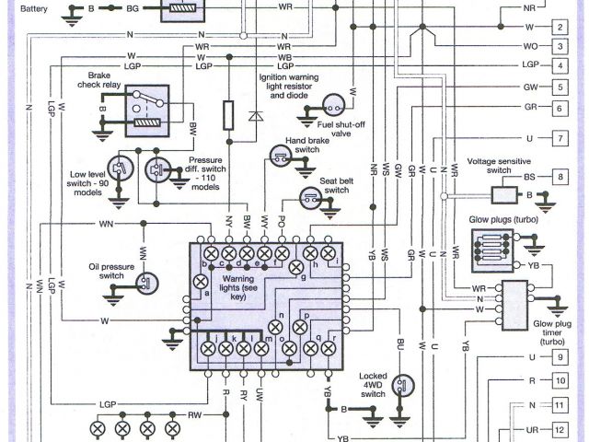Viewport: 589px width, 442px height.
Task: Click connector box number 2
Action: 559,26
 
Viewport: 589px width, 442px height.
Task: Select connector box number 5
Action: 559,87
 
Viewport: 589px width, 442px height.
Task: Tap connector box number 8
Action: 559,176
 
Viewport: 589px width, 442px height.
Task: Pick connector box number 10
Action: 559,379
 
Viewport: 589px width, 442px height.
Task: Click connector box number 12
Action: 559,430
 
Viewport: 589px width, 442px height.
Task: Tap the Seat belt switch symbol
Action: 310,197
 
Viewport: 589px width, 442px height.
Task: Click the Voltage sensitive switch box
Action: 502,194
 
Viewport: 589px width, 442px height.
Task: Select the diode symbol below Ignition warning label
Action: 256,117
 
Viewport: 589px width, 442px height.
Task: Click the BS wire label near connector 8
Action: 529,176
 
